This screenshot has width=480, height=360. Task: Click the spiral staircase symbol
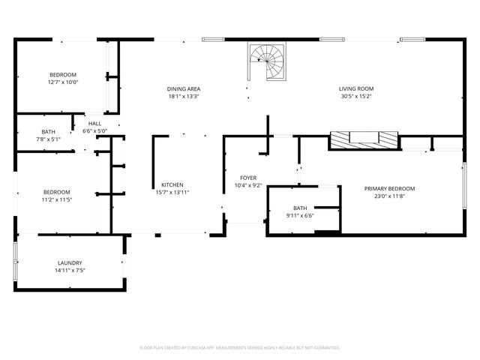click(268, 59)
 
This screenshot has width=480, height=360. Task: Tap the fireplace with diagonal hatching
click(364, 139)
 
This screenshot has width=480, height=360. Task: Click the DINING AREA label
click(184, 89)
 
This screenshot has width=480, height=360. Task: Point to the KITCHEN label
click(172, 185)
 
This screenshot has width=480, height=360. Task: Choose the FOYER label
click(247, 178)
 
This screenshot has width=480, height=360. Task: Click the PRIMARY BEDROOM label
click(389, 189)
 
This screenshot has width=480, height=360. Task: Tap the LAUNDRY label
click(70, 263)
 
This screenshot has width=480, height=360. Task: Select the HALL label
click(94, 124)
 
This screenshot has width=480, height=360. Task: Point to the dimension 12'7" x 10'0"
click(63, 82)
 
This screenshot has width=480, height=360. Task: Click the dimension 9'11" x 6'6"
click(300, 216)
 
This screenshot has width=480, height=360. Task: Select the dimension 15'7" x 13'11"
click(172, 193)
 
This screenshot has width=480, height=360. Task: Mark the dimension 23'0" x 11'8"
click(389, 196)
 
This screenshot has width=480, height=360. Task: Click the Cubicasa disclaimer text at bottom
click(240, 348)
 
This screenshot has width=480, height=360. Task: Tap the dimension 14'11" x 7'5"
click(70, 271)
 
